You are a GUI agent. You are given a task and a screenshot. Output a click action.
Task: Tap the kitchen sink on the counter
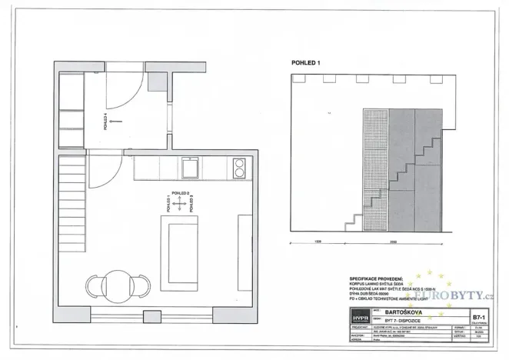pos(188,167)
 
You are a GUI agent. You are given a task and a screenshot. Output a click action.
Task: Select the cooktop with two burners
pos(239,167)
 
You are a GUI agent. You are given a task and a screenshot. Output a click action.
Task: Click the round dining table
pos(118,284)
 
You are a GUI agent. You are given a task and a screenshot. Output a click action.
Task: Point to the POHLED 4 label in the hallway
pos(105,122)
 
